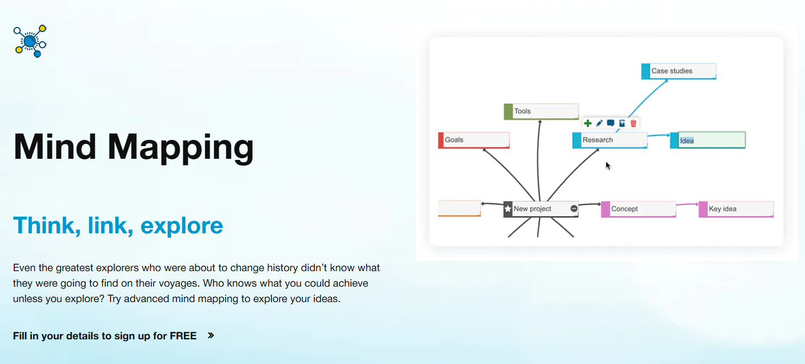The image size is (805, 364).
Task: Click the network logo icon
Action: (x=30, y=41)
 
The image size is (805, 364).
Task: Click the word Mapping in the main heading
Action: (x=180, y=147)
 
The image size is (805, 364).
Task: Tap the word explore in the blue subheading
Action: (x=181, y=225)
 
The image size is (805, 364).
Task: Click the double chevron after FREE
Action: (x=211, y=335)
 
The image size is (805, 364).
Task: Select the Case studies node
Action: (x=678, y=71)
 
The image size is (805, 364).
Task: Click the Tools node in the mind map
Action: (x=541, y=111)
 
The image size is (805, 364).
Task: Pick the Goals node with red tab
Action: (x=474, y=140)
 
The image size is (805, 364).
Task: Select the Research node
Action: (x=610, y=140)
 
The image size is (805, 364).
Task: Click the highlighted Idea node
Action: (x=708, y=140)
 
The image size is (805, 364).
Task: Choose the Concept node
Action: (x=638, y=209)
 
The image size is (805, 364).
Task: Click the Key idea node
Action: (x=736, y=209)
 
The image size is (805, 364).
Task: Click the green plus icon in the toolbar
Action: (x=587, y=123)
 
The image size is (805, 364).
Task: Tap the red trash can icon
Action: (x=633, y=123)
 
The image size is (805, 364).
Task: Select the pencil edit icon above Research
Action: (x=599, y=123)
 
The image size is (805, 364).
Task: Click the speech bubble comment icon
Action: (x=610, y=123)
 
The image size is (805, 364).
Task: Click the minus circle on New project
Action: (x=574, y=209)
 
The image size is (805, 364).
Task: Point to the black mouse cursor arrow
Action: (x=608, y=166)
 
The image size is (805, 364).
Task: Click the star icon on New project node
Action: (x=507, y=209)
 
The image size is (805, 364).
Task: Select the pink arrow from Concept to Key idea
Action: (x=687, y=204)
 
